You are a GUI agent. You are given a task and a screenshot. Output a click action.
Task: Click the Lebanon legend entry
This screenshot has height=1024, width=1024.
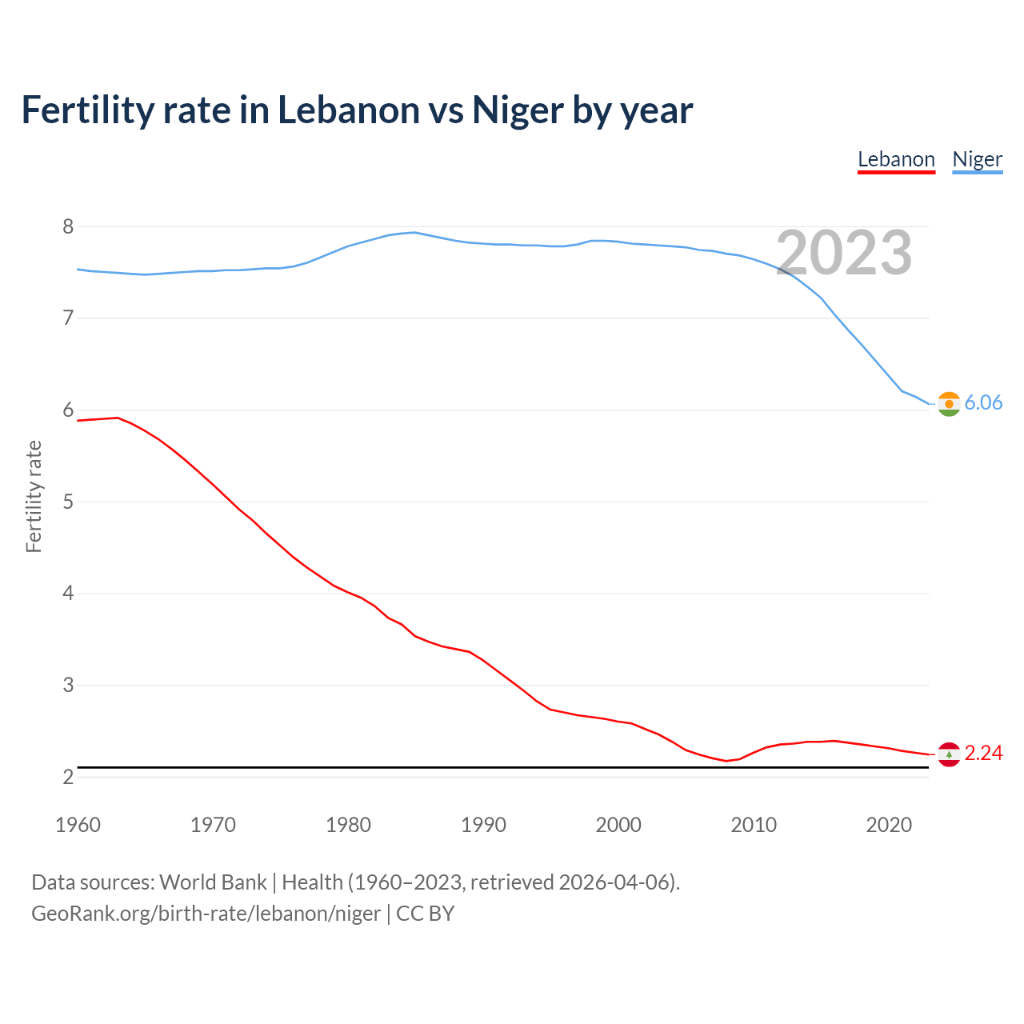coord(896,159)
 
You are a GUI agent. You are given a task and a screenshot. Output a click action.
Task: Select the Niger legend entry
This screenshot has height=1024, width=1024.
coord(977,159)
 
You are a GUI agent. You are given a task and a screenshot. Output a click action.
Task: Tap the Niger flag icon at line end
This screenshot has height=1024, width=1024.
coord(949,404)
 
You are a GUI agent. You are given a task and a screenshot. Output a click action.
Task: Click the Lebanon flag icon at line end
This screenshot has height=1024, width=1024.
coord(949,754)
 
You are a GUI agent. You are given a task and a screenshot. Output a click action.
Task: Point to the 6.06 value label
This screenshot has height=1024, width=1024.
coord(983,402)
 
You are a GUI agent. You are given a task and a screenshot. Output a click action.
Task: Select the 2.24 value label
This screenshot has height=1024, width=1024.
coord(983,753)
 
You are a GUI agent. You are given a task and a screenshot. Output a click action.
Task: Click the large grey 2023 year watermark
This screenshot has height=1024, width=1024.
coord(844,253)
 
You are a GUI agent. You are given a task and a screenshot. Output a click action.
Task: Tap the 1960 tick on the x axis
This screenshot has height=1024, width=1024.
coord(78,825)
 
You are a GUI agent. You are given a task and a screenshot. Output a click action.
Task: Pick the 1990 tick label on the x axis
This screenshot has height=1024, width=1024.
coord(483,825)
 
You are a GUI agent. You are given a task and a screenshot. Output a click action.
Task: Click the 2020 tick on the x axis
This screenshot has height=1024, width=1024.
coord(889,825)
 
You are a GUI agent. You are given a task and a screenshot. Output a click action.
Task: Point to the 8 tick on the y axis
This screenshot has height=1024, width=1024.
coord(68,226)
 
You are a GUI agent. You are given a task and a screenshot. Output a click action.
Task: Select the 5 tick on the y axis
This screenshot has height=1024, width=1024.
coord(68,502)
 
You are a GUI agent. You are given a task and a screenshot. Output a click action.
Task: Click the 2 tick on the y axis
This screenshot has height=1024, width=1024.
coord(68,777)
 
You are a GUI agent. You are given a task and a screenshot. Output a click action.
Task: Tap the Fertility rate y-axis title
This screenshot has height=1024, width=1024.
coord(34,496)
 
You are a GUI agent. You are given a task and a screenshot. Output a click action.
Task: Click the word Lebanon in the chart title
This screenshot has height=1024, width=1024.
coord(348,110)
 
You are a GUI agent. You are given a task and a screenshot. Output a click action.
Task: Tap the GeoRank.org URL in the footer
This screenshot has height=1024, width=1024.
coord(206,913)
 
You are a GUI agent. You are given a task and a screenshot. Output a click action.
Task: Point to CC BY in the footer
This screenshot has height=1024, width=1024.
coord(426,913)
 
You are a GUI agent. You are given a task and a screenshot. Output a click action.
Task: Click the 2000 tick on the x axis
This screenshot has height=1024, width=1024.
coord(618,825)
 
